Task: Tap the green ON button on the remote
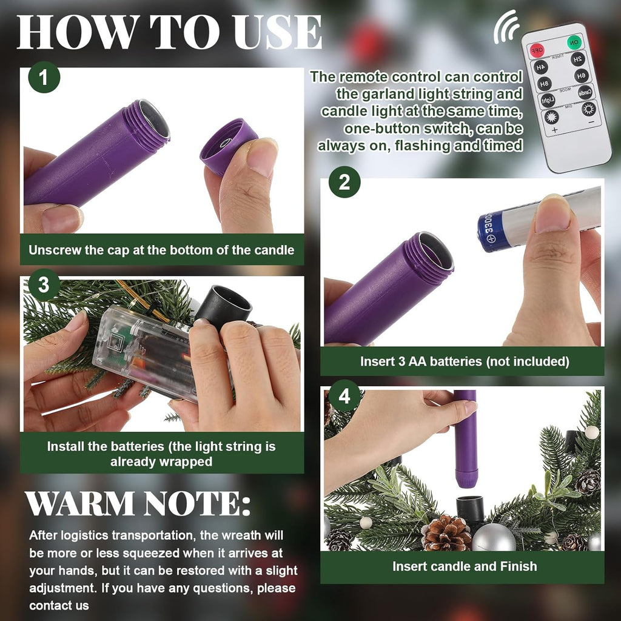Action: pos(574,42)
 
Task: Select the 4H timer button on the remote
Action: pos(541,67)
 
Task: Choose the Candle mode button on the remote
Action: pos(585,93)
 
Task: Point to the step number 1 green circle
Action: pos(44,77)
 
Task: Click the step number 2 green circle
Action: pos(344,182)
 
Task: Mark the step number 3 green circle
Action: pos(44,284)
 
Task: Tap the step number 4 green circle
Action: pos(344,395)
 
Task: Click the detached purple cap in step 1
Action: pos(229,146)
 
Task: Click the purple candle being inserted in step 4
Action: pos(465,439)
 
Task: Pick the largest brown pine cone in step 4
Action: pos(446,532)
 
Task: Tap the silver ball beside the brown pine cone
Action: pos(494,537)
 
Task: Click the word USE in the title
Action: pos(277,32)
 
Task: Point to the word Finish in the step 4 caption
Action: pos(519,566)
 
